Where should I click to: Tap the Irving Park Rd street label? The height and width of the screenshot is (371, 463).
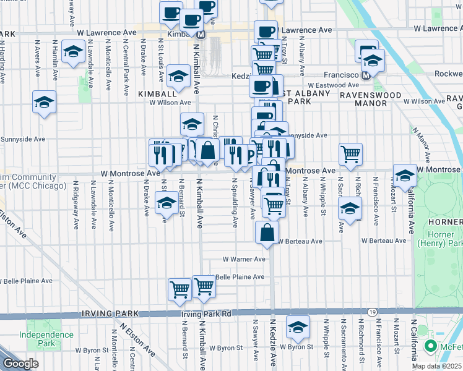[206, 314]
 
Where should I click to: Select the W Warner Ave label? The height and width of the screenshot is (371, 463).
[244, 259]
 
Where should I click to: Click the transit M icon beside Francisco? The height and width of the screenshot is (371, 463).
[366, 75]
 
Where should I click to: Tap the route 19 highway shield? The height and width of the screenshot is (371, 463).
[371, 312]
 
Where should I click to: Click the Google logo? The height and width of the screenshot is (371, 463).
[20, 364]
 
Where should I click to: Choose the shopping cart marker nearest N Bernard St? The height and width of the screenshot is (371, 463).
[180, 288]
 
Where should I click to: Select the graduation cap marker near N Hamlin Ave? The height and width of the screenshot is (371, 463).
[74, 53]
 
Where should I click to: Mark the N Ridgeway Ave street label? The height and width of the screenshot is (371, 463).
[76, 204]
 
